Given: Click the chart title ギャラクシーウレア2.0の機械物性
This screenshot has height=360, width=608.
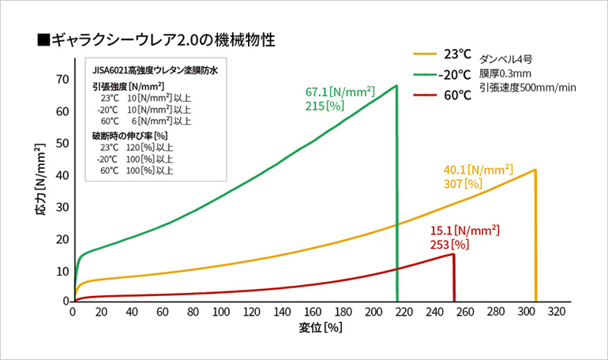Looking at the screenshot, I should (161, 38).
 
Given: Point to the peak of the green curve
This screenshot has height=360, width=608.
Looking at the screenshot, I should (396, 85).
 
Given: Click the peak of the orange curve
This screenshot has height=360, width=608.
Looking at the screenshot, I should (535, 170).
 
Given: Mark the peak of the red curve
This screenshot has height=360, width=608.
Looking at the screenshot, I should (453, 253).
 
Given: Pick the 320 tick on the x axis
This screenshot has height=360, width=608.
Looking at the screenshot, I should (557, 313).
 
